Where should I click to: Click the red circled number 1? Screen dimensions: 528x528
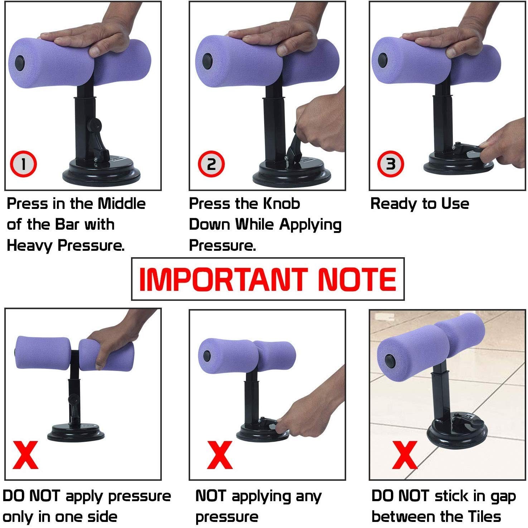[x=23, y=164]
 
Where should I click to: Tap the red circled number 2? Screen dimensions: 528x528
[x=211, y=164]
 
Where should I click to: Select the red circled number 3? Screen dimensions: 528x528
[x=391, y=164]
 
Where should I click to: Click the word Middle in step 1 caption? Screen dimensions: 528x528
[x=122, y=204]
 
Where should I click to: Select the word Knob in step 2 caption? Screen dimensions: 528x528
[x=281, y=204]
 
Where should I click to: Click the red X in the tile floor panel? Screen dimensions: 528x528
[x=405, y=455]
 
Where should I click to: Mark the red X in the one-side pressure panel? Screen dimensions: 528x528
[x=25, y=455]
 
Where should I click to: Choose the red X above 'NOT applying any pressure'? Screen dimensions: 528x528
[x=220, y=455]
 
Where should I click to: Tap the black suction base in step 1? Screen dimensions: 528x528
[x=101, y=172]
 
